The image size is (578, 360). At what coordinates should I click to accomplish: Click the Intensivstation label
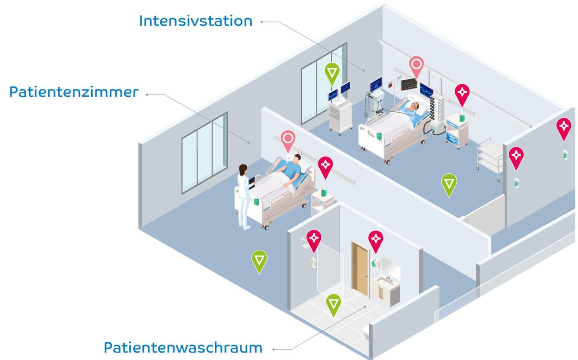196,21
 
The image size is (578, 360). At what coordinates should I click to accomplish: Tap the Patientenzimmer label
74,92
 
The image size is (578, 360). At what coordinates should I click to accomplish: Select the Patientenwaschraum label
183,348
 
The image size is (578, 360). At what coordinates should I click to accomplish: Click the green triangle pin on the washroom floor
333,304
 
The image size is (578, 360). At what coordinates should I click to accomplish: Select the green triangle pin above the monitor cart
332,73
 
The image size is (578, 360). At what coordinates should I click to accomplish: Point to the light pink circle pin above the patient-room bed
288,139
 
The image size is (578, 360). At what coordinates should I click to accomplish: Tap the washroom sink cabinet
386,291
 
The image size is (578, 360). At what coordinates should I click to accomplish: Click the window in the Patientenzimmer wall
204,153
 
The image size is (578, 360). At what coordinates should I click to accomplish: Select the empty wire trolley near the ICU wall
490,159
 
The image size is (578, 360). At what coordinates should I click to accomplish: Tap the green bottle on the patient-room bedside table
324,192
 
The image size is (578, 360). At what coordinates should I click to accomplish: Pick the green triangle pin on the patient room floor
259,260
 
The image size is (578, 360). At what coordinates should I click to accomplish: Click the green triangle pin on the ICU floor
449,184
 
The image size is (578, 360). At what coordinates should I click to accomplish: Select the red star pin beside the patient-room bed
325,166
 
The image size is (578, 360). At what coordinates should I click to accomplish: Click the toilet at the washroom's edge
367,333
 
